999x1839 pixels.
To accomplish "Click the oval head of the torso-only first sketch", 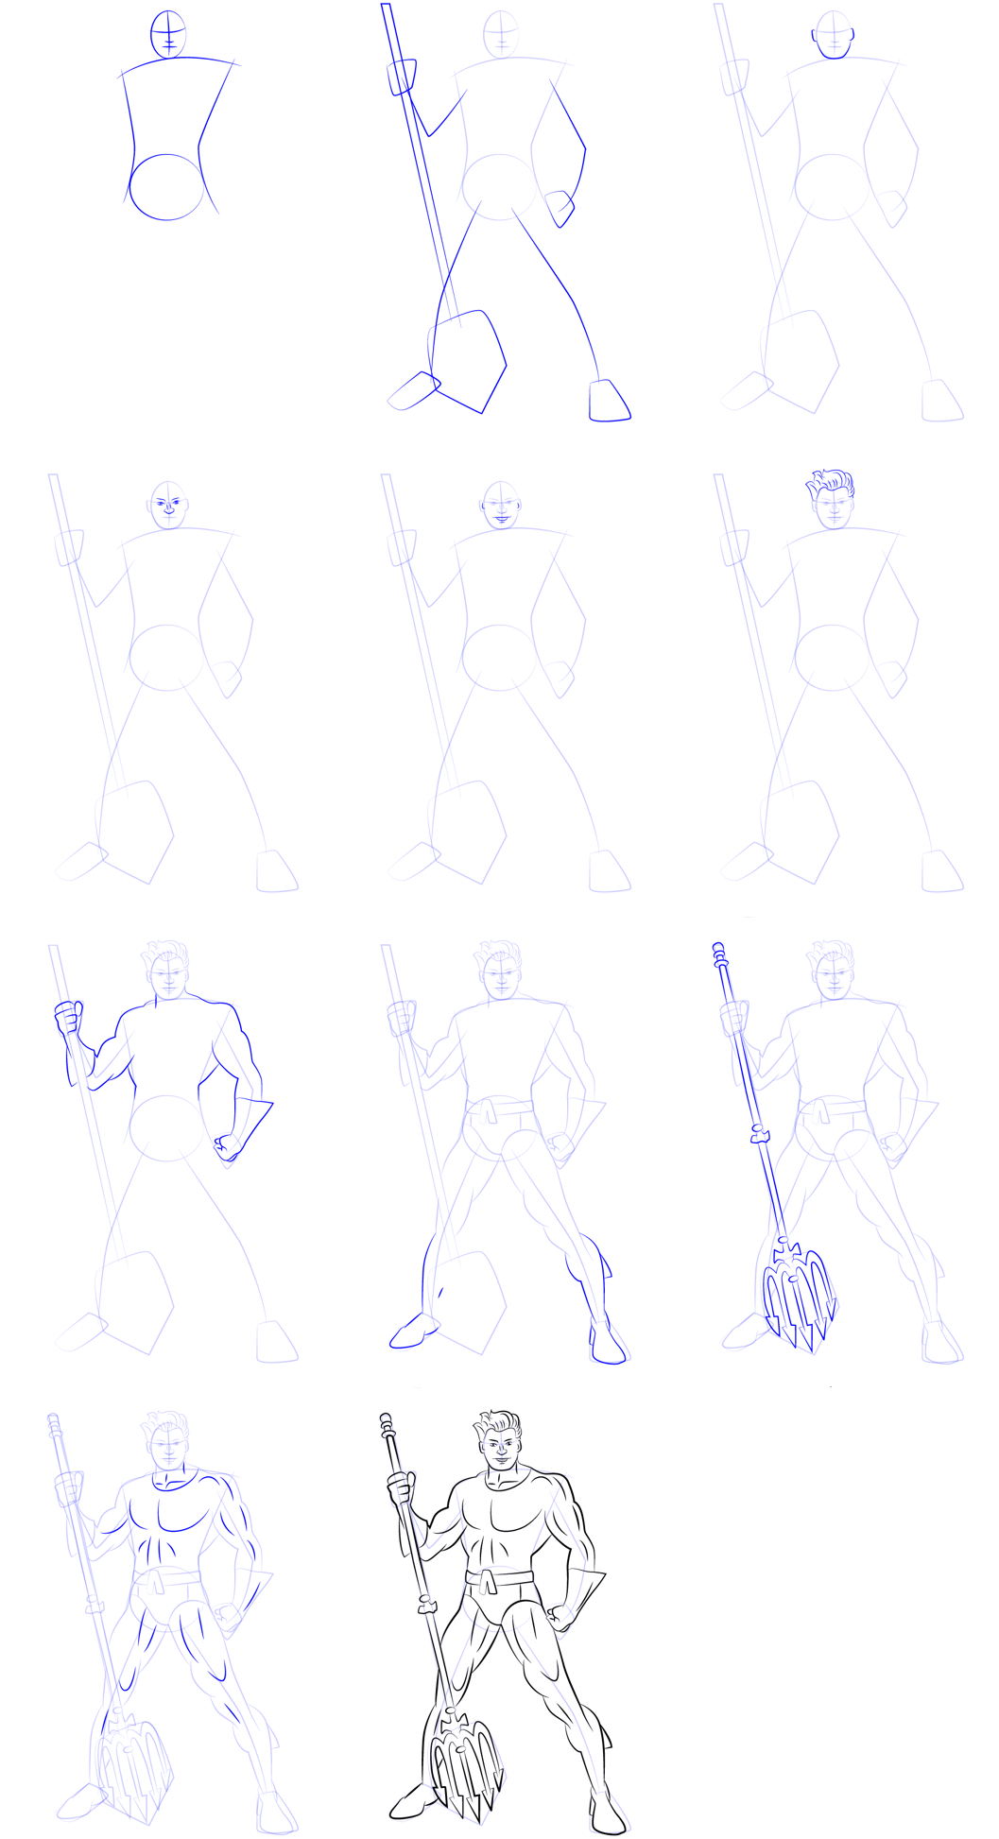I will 168,36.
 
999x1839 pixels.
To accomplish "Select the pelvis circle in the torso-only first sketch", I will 166,187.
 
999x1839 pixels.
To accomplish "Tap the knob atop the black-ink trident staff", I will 386,1420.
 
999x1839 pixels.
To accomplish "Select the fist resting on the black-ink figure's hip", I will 560,1618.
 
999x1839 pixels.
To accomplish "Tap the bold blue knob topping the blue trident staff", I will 718,948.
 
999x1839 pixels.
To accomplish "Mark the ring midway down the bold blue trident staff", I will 758,1134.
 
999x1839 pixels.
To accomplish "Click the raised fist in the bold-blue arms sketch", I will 67,1020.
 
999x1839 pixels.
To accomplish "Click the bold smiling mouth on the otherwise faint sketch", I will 501,519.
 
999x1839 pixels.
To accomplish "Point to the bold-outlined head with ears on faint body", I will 834,36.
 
